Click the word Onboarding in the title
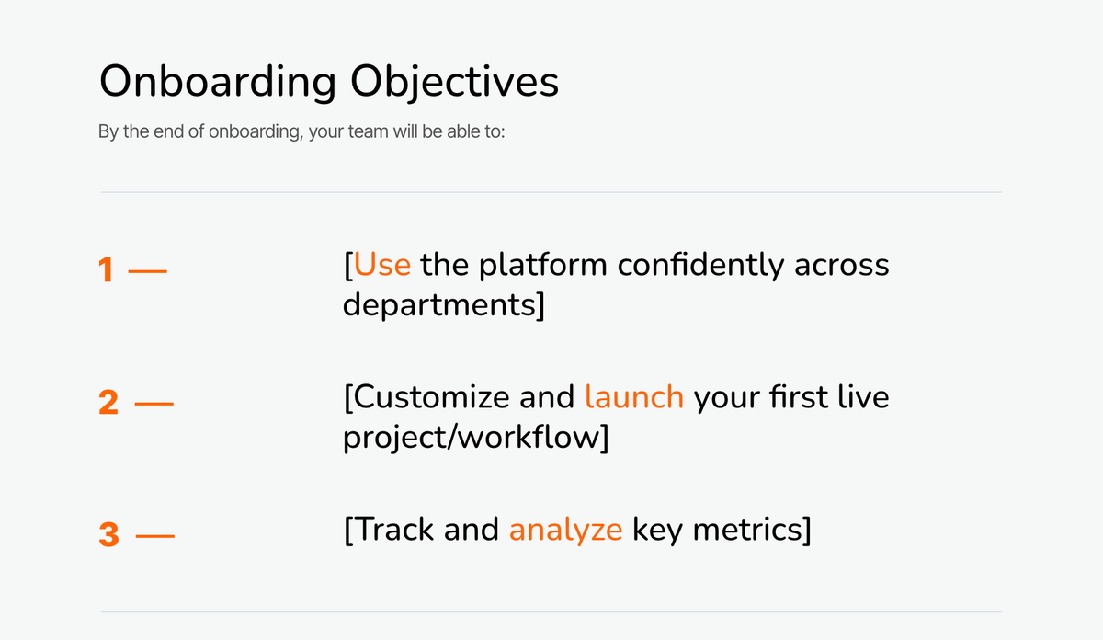[x=218, y=82]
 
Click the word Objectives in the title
[x=454, y=82]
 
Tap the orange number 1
[x=106, y=270]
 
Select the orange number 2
[x=108, y=402]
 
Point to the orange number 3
[x=108, y=534]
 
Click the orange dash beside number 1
[x=147, y=271]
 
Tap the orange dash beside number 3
[x=154, y=536]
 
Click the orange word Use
[x=382, y=265]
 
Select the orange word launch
[x=634, y=397]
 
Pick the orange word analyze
[x=566, y=531]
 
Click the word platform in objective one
[x=542, y=266]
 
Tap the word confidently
[x=700, y=266]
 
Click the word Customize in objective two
[x=431, y=397]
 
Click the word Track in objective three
[x=394, y=530]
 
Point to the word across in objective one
[x=842, y=266]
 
